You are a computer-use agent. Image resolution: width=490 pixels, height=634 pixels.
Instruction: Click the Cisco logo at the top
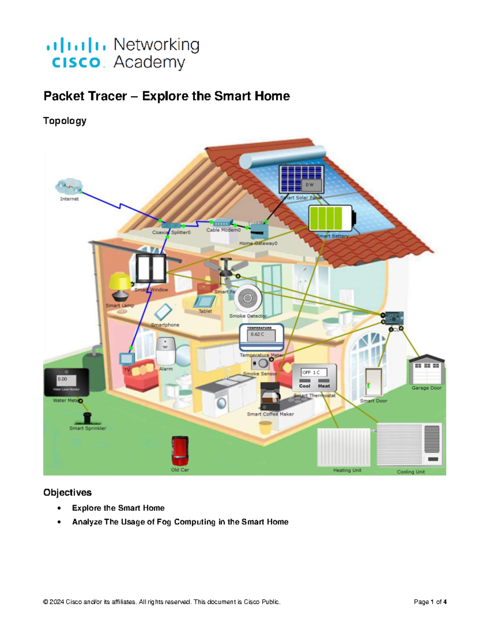pyautogui.click(x=76, y=53)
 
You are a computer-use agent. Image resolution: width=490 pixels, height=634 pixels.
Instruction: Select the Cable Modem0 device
pyautogui.click(x=223, y=223)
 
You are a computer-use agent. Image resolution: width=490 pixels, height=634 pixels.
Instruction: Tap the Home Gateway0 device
pyautogui.click(x=259, y=231)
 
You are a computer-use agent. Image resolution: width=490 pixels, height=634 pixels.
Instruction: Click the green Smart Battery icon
pyautogui.click(x=331, y=218)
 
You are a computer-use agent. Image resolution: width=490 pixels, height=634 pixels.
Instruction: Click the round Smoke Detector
pyautogui.click(x=247, y=298)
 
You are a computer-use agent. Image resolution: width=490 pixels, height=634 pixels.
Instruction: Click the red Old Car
pyautogui.click(x=180, y=451)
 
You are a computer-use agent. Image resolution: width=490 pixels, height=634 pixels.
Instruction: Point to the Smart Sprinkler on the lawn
pyautogui.click(x=87, y=418)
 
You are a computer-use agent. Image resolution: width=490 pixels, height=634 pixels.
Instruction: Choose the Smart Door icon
pyautogui.click(x=373, y=382)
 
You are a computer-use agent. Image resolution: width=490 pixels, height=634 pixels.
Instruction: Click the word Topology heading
pyautogui.click(x=65, y=121)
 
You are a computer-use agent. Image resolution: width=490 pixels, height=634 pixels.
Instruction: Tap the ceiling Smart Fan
pyautogui.click(x=226, y=270)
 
